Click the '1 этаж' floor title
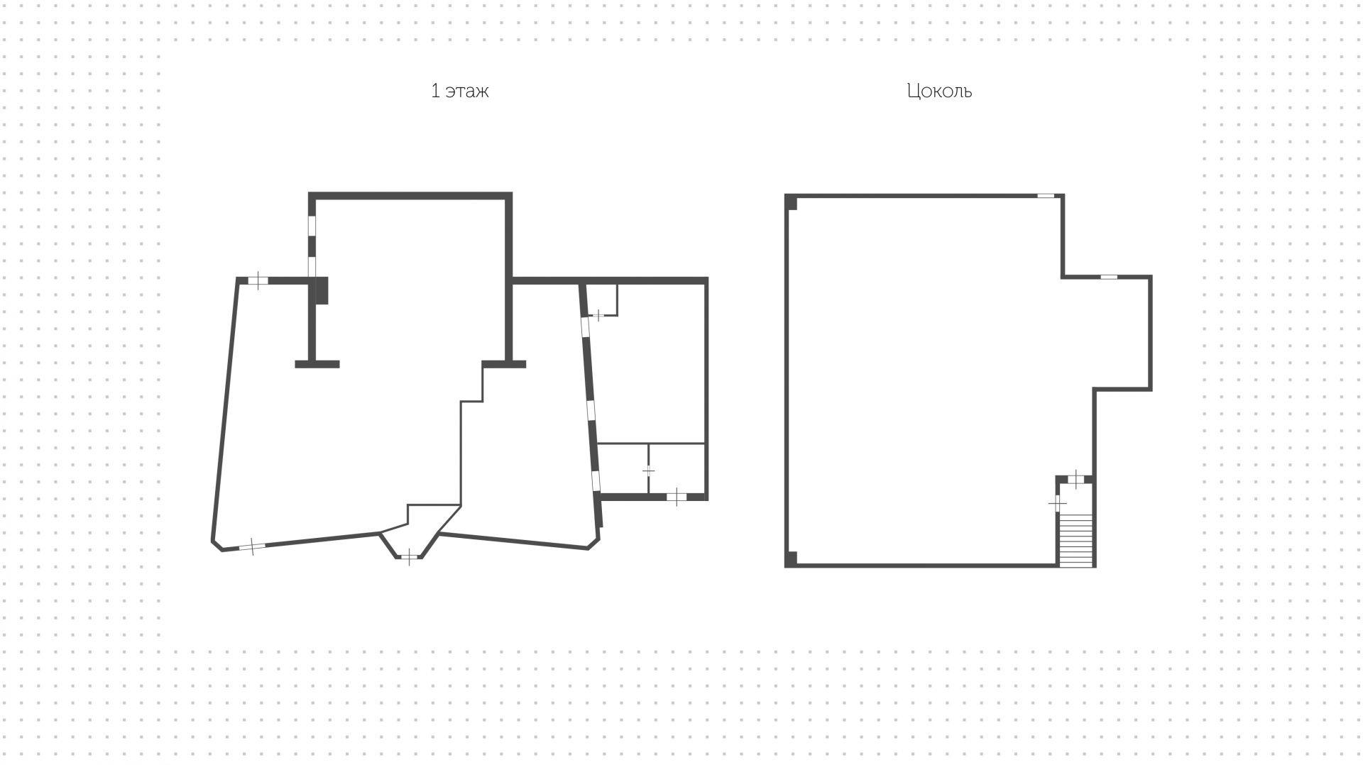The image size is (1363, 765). [459, 92]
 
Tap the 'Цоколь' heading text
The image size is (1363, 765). [938, 92]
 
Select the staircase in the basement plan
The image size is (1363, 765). [1075, 539]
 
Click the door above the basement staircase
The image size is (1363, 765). [1077, 479]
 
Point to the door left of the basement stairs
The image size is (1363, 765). [1058, 502]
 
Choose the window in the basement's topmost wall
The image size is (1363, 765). [1046, 196]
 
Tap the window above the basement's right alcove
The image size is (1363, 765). [1109, 277]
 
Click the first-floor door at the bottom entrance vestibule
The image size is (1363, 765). [410, 557]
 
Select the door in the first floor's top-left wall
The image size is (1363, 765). [258, 280]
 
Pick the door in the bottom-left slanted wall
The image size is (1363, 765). [252, 546]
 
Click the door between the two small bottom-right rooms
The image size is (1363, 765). [648, 470]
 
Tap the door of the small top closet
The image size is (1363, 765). [598, 314]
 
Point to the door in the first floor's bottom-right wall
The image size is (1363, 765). [677, 497]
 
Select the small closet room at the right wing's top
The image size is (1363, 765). [602, 298]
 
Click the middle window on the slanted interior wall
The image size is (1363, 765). [591, 411]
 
